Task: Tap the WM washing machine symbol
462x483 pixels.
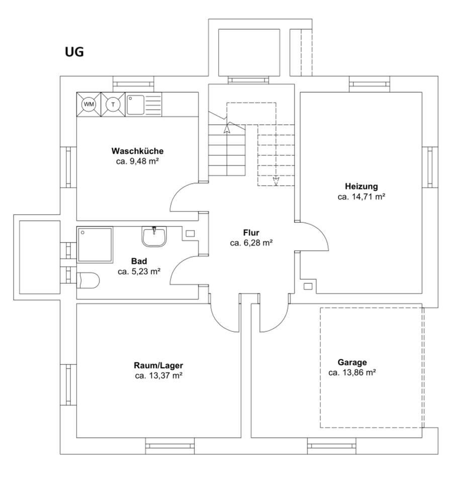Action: tap(89, 104)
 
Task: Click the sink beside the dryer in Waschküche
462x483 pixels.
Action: tap(135, 105)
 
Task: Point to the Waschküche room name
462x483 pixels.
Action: tap(138, 151)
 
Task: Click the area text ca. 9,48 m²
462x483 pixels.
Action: tap(138, 161)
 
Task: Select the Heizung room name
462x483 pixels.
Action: tap(361, 185)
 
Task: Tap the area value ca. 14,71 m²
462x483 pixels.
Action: tap(361, 196)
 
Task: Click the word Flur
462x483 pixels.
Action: tap(251, 232)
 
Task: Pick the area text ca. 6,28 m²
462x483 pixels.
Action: tap(251, 243)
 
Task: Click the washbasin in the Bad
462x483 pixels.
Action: tap(154, 236)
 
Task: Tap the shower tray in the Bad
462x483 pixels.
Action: tap(95, 245)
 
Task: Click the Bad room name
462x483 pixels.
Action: tap(139, 261)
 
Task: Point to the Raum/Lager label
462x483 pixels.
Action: tap(158, 365)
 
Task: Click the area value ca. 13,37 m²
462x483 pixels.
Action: tap(158, 375)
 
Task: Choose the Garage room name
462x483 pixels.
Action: tap(352, 362)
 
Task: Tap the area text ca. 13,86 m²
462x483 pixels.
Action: tap(352, 373)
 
